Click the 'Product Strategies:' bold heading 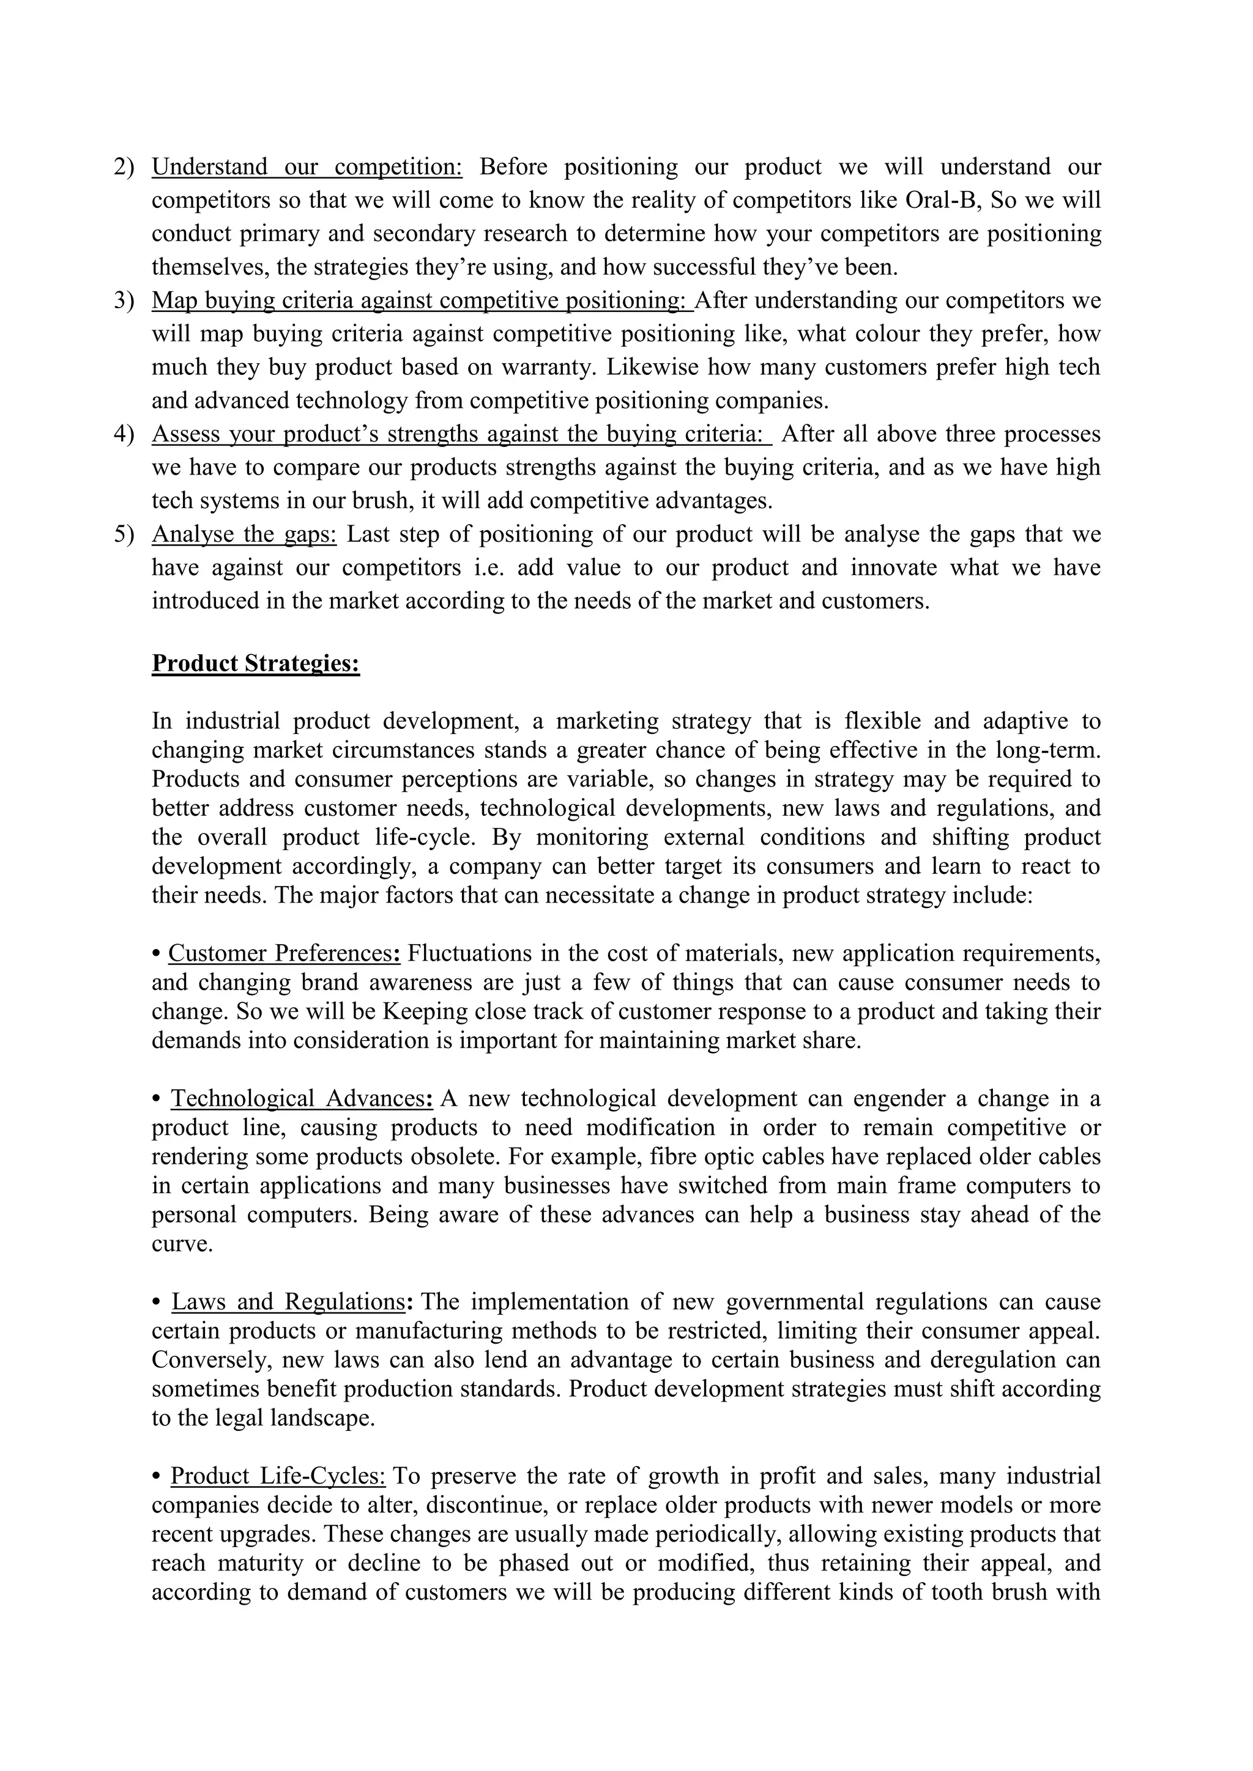click(x=255, y=664)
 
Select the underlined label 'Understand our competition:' click(x=307, y=166)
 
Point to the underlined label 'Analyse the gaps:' click(x=244, y=534)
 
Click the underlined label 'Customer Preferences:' click(x=284, y=953)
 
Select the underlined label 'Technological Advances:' click(x=301, y=1098)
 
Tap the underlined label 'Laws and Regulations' click(x=288, y=1302)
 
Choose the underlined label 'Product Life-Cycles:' click(x=278, y=1476)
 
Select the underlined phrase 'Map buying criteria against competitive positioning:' click(x=422, y=300)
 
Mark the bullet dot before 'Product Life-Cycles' click(x=157, y=1477)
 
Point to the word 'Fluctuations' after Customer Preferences click(x=470, y=953)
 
